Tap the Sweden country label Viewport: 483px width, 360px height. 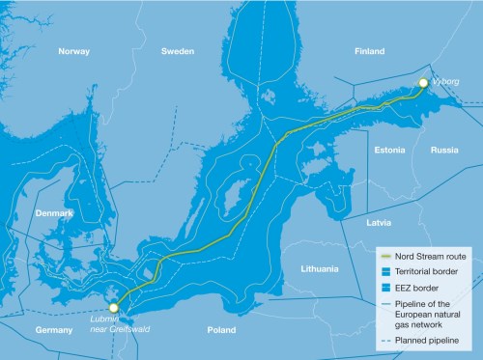(178, 51)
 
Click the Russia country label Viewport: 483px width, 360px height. (444, 151)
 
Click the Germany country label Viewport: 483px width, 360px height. (27, 330)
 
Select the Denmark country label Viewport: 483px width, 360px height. (54, 212)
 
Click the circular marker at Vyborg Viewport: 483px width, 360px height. (422, 84)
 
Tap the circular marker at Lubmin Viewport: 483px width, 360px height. (114, 307)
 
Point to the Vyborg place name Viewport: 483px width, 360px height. (445, 84)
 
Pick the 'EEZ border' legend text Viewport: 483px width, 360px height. (420, 288)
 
